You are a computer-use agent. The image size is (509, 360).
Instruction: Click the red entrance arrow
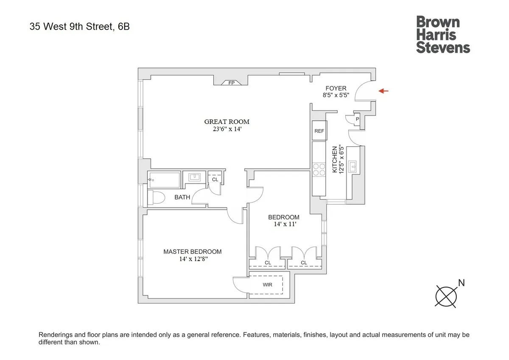click(383, 91)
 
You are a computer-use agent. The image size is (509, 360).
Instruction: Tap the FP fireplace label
click(232, 83)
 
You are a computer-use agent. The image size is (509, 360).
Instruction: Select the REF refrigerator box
click(319, 131)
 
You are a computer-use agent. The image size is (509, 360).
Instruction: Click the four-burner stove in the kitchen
click(319, 169)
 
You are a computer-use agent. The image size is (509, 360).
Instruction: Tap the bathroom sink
click(195, 178)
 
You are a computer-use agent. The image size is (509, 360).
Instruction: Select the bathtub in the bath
click(164, 180)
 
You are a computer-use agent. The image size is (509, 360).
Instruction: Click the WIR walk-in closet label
click(268, 285)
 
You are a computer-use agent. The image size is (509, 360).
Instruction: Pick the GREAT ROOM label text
click(227, 122)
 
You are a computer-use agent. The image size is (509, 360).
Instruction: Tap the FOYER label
click(335, 88)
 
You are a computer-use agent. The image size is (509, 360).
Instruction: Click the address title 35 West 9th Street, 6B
click(80, 27)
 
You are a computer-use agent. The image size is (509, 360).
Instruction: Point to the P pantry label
click(357, 120)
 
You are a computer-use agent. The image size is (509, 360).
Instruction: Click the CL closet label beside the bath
click(215, 180)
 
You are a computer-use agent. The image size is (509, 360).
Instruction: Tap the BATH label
click(182, 197)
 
